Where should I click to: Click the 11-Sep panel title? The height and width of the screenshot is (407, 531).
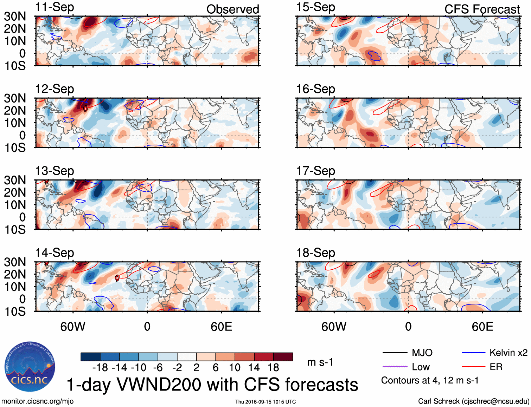55,7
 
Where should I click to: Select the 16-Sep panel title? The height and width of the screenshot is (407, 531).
315,89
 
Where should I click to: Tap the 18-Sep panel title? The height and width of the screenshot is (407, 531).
315,253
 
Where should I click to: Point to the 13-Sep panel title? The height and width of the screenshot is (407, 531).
55,171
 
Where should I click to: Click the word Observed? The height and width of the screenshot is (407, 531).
232,9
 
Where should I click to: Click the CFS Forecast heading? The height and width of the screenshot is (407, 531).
482,9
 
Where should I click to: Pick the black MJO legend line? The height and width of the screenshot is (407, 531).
395,352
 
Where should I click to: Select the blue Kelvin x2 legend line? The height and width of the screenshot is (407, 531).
473,352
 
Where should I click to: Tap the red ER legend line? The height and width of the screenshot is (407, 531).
473,367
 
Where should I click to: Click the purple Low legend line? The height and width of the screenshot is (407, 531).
395,367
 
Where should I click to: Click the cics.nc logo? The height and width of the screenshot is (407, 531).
30,367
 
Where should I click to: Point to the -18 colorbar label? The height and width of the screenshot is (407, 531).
100,368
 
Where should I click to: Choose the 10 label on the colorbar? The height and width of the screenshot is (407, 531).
235,368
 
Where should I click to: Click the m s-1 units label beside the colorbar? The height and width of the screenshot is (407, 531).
320,362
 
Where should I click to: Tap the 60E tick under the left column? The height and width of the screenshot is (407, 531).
221,327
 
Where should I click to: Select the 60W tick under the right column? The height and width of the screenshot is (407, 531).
334,327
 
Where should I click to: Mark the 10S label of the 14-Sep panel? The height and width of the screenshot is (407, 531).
15,311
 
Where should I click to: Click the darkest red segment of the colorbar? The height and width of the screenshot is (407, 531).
283,357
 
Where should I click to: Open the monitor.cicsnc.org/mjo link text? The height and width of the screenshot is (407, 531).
37,401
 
